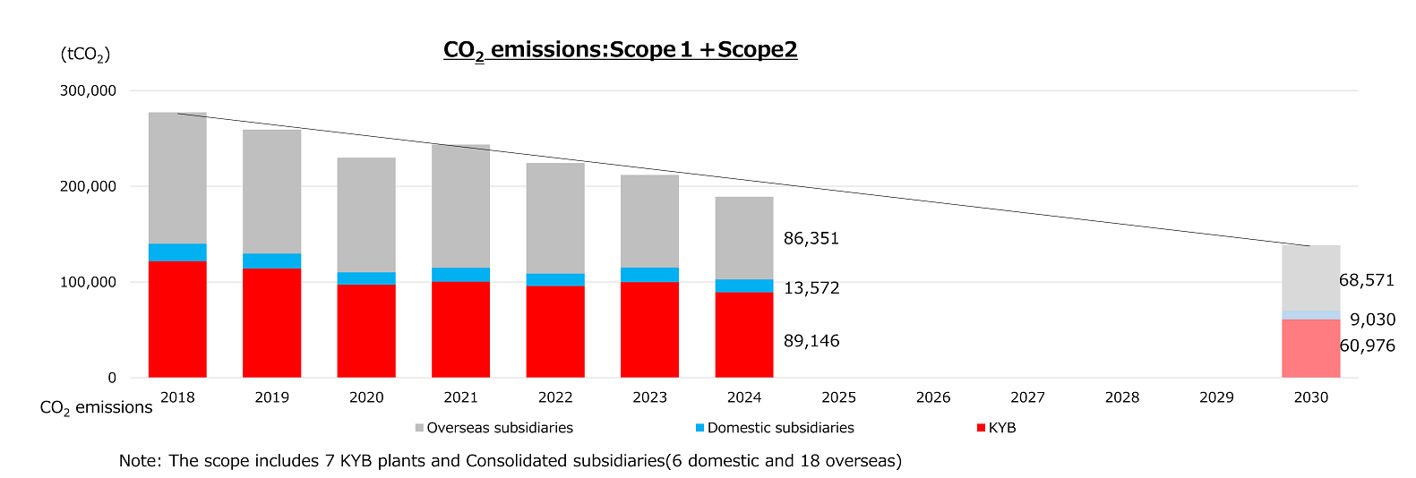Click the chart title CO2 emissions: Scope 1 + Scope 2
(620, 50)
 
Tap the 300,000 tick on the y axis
(88, 90)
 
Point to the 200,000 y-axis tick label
(88, 186)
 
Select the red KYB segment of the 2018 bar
(177, 319)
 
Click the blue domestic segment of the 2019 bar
(271, 260)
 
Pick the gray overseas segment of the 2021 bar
(460, 206)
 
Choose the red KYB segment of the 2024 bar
(743, 335)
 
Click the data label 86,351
(811, 238)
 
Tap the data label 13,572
(811, 287)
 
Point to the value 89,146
(811, 341)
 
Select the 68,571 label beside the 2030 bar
(1366, 280)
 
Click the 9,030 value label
(1372, 320)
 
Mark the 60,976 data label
(1367, 346)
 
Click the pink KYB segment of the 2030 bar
(1310, 348)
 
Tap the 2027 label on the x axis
(1027, 397)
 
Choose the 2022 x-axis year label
(555, 397)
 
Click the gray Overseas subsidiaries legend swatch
(419, 428)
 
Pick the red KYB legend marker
(982, 428)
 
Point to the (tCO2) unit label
(85, 55)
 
